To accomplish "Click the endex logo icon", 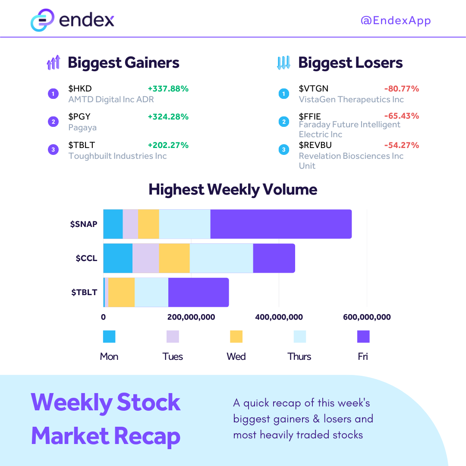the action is point(42,20).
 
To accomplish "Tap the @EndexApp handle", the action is point(396,21).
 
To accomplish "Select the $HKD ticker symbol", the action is point(80,88).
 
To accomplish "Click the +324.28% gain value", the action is point(168,117).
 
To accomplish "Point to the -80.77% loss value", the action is point(402,88).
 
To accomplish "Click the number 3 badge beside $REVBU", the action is point(284,149).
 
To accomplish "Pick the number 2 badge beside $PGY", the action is point(54,122).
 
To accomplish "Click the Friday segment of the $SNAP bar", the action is point(281,224).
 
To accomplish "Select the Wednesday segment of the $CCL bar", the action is point(174,258).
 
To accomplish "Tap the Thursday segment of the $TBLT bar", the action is point(151,293).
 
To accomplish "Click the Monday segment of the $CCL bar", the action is point(118,258).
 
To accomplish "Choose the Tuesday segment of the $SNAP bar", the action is point(130,224).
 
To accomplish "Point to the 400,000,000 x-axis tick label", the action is point(279,317).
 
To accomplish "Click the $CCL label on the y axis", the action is point(86,258).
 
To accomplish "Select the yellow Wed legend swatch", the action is point(236,337).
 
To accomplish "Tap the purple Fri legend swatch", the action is point(363,337).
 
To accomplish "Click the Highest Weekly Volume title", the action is point(233,189).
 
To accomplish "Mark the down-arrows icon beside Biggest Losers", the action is point(283,63).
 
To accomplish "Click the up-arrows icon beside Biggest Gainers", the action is point(54,63).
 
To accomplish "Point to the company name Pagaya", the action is point(82,127).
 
